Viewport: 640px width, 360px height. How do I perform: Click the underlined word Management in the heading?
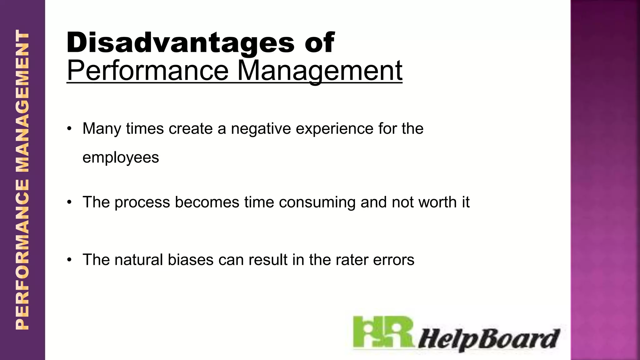point(319,71)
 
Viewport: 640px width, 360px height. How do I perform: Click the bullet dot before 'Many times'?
point(69,129)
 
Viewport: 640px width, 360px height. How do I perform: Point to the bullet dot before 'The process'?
point(69,202)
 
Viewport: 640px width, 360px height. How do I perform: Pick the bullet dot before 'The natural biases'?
point(69,260)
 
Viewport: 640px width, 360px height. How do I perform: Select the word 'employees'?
point(121,157)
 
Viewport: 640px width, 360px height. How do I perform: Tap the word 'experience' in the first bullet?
point(334,129)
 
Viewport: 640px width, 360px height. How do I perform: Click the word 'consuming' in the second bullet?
point(317,202)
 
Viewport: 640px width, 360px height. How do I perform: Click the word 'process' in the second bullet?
point(142,202)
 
